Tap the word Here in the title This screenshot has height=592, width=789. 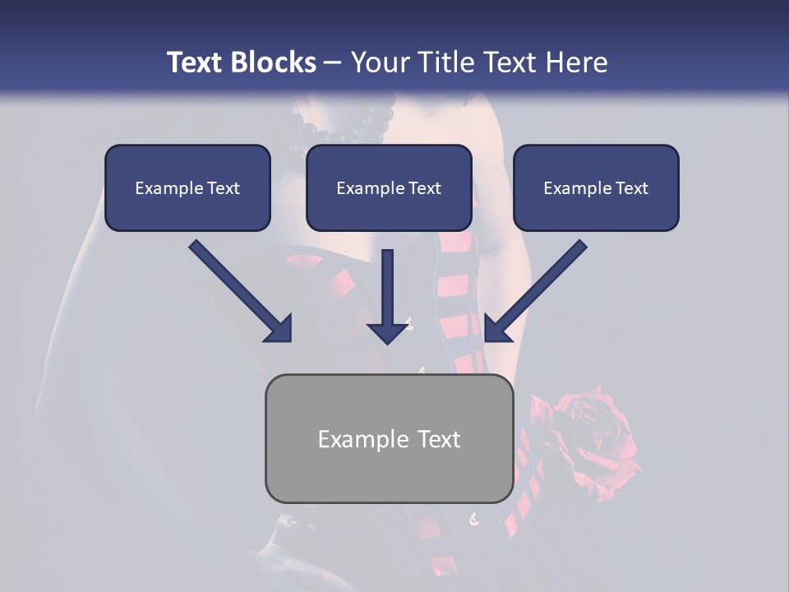[574, 62]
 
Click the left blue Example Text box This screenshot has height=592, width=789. [187, 188]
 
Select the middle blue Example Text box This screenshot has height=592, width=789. [389, 188]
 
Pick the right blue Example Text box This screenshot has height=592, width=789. [596, 188]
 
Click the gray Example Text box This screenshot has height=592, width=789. [389, 439]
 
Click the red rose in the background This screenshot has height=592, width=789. [588, 432]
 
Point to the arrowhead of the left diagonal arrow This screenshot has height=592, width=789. [279, 328]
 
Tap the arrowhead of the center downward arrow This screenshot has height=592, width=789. [388, 331]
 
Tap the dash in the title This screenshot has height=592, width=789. [333, 62]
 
